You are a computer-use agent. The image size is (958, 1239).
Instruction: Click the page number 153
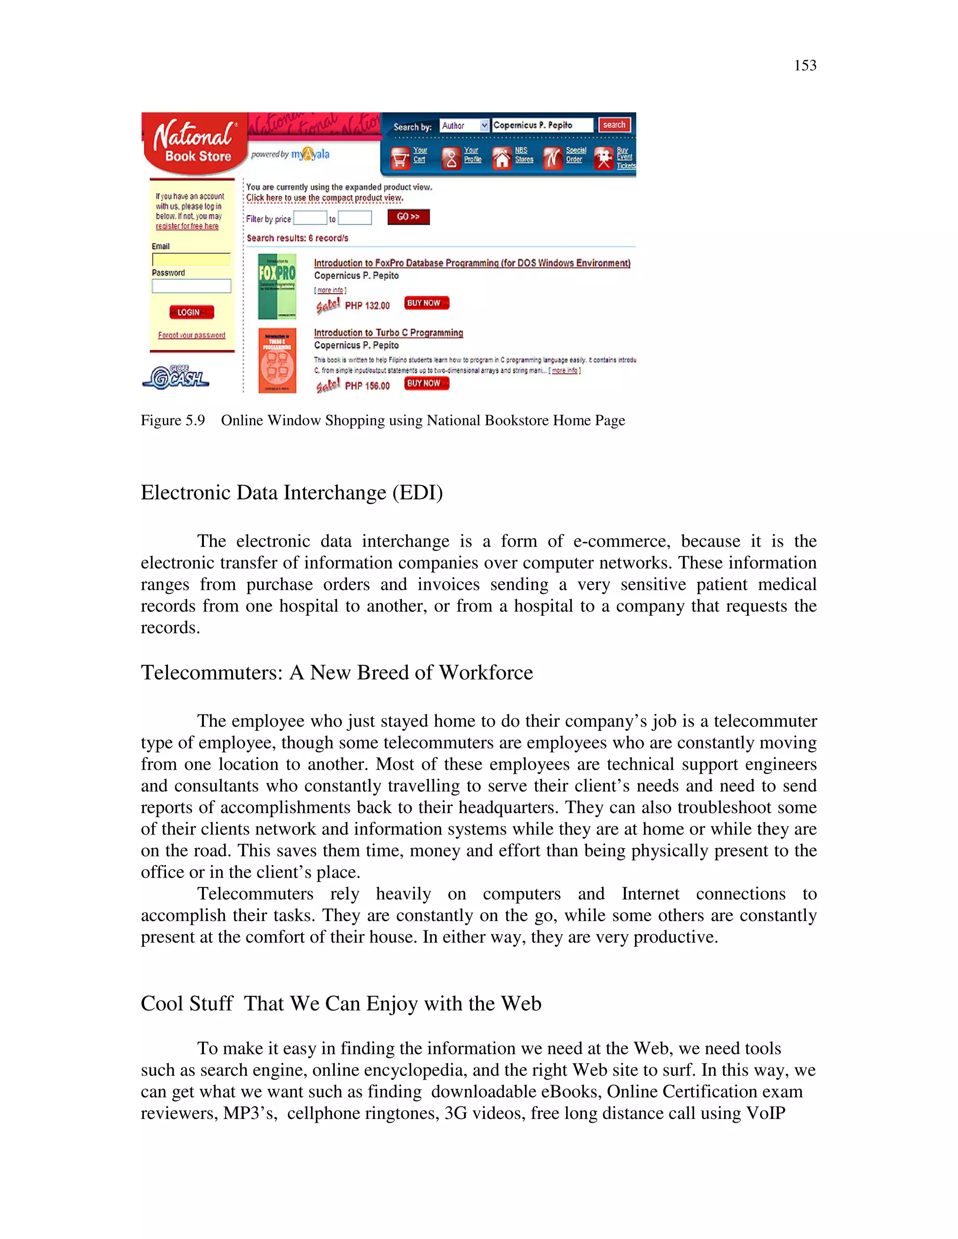tap(805, 66)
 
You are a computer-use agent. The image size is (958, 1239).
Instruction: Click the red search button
tap(614, 125)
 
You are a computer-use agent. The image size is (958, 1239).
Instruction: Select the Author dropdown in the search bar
tap(464, 125)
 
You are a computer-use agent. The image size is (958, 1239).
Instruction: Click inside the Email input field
tap(191, 260)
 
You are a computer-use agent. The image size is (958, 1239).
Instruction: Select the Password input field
tap(191, 286)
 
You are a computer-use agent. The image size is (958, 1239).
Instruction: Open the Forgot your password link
tap(191, 335)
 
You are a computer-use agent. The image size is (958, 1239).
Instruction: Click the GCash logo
tap(175, 377)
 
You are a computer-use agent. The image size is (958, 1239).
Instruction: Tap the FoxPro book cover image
tap(277, 286)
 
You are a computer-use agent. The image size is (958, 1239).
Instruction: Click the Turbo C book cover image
tap(277, 360)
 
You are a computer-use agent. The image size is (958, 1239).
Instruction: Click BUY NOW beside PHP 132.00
tap(426, 303)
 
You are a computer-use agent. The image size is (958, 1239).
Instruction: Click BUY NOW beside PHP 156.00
tap(426, 383)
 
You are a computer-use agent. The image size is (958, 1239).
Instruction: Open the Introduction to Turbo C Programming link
tap(388, 333)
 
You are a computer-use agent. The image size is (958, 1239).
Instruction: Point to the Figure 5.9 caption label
tap(173, 420)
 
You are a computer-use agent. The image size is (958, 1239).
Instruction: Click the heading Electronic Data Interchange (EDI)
tap(292, 492)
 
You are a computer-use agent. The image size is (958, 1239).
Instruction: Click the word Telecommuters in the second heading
tap(211, 672)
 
